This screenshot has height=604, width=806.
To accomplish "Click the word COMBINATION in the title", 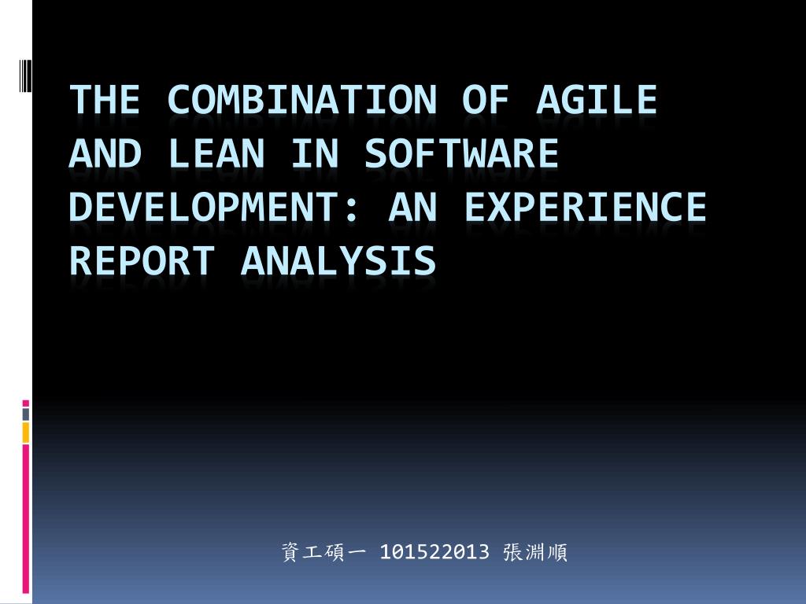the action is [x=302, y=100].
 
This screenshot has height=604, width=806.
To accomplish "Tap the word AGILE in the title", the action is [x=597, y=100].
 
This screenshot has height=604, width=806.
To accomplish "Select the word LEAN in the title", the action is [x=216, y=153].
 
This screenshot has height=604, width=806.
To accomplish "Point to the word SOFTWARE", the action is [x=461, y=153].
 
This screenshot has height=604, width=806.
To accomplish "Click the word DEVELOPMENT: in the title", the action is [x=214, y=207].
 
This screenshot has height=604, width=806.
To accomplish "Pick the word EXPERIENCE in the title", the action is [x=586, y=207].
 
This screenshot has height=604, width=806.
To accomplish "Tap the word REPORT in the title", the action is [x=142, y=260].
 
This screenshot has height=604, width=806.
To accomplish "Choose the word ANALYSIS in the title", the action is [x=338, y=260].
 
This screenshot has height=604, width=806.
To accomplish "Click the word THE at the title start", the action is [x=105, y=100].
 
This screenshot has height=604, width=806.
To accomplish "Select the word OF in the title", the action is [x=486, y=100].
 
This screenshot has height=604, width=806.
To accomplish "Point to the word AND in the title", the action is [x=105, y=153].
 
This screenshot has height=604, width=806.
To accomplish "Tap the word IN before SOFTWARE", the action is [x=315, y=153].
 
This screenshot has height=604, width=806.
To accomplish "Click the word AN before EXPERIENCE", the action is [x=412, y=207].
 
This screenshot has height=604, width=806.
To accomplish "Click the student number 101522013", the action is [x=434, y=552].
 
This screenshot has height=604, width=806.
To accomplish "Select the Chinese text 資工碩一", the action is [x=324, y=552].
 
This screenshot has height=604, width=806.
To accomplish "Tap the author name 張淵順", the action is [x=535, y=552].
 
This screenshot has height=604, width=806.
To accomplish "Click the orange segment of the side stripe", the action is [x=26, y=433].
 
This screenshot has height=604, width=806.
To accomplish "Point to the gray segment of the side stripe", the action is [x=26, y=414].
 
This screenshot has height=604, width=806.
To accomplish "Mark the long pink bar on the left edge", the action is [x=26, y=519].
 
